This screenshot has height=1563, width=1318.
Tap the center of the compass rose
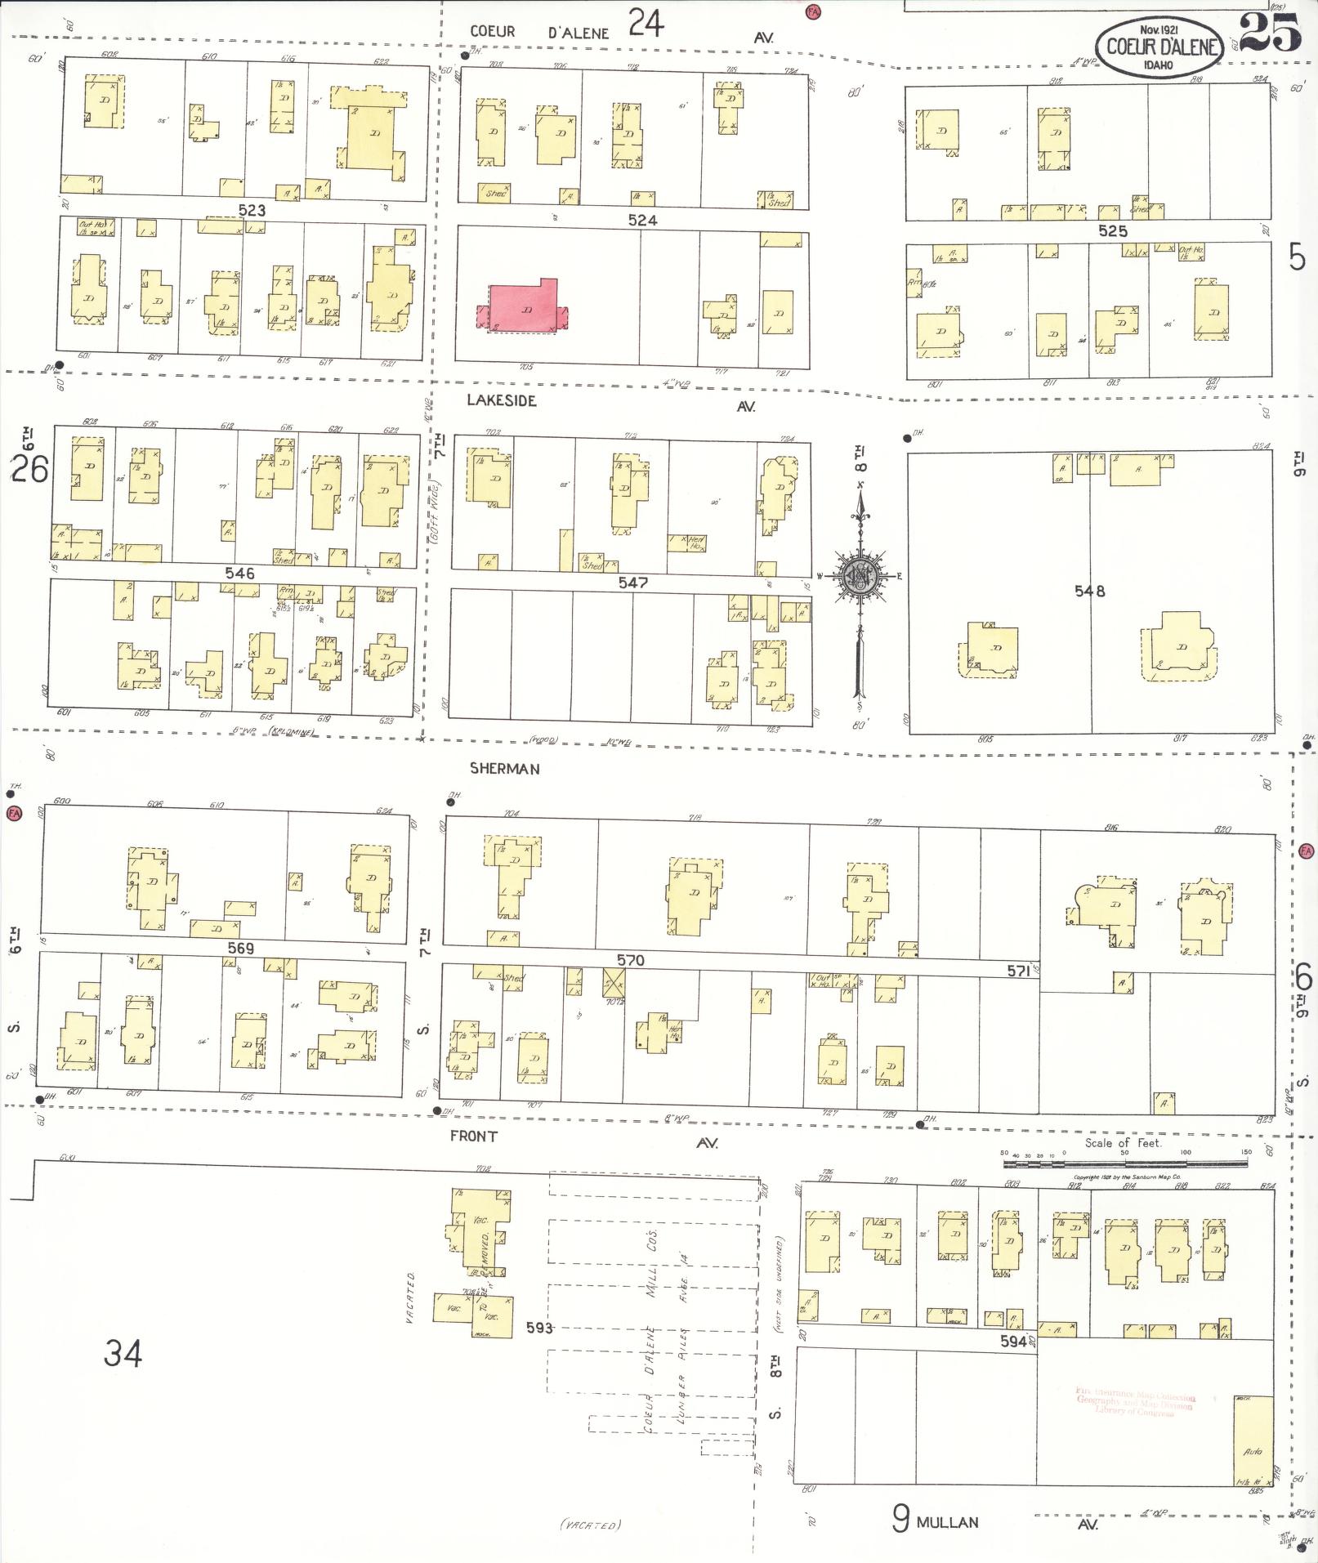(x=859, y=576)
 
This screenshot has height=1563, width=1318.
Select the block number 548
(x=1090, y=591)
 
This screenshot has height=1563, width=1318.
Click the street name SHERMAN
(x=504, y=769)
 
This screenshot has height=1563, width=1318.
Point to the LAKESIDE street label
(x=502, y=400)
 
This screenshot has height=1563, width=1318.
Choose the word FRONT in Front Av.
(x=474, y=1137)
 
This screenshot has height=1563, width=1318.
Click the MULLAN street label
(x=947, y=1522)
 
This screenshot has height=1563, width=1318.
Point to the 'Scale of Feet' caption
(x=1123, y=1143)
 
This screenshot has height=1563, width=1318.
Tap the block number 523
(x=252, y=210)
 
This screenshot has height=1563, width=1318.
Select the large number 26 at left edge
(x=30, y=470)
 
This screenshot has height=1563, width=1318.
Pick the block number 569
(x=241, y=949)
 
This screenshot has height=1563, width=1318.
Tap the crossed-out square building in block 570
(x=614, y=980)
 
